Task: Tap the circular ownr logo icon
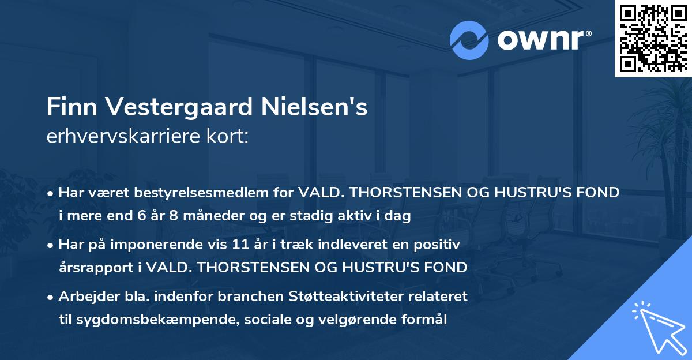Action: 469,40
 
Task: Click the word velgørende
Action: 360,320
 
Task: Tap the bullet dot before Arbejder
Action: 51,297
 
